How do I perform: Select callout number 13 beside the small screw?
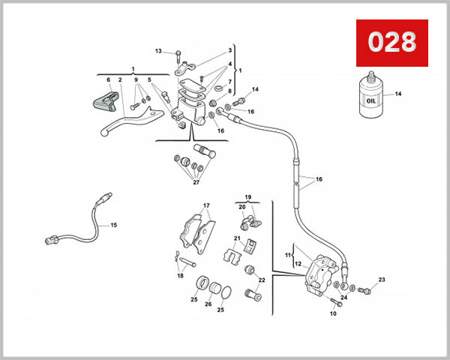click(x=158, y=51)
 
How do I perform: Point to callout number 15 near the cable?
click(x=114, y=224)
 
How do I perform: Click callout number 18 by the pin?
click(x=179, y=275)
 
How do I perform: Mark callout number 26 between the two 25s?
click(x=208, y=304)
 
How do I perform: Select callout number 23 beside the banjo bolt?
click(x=381, y=280)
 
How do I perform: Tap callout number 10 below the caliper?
click(x=332, y=313)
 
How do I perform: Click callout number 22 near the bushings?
click(x=261, y=280)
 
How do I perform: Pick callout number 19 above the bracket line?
click(x=247, y=196)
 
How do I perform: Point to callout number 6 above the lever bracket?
click(x=109, y=80)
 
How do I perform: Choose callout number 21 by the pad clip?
click(x=236, y=239)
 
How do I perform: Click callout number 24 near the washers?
click(x=344, y=298)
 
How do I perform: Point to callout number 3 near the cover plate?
click(x=230, y=51)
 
